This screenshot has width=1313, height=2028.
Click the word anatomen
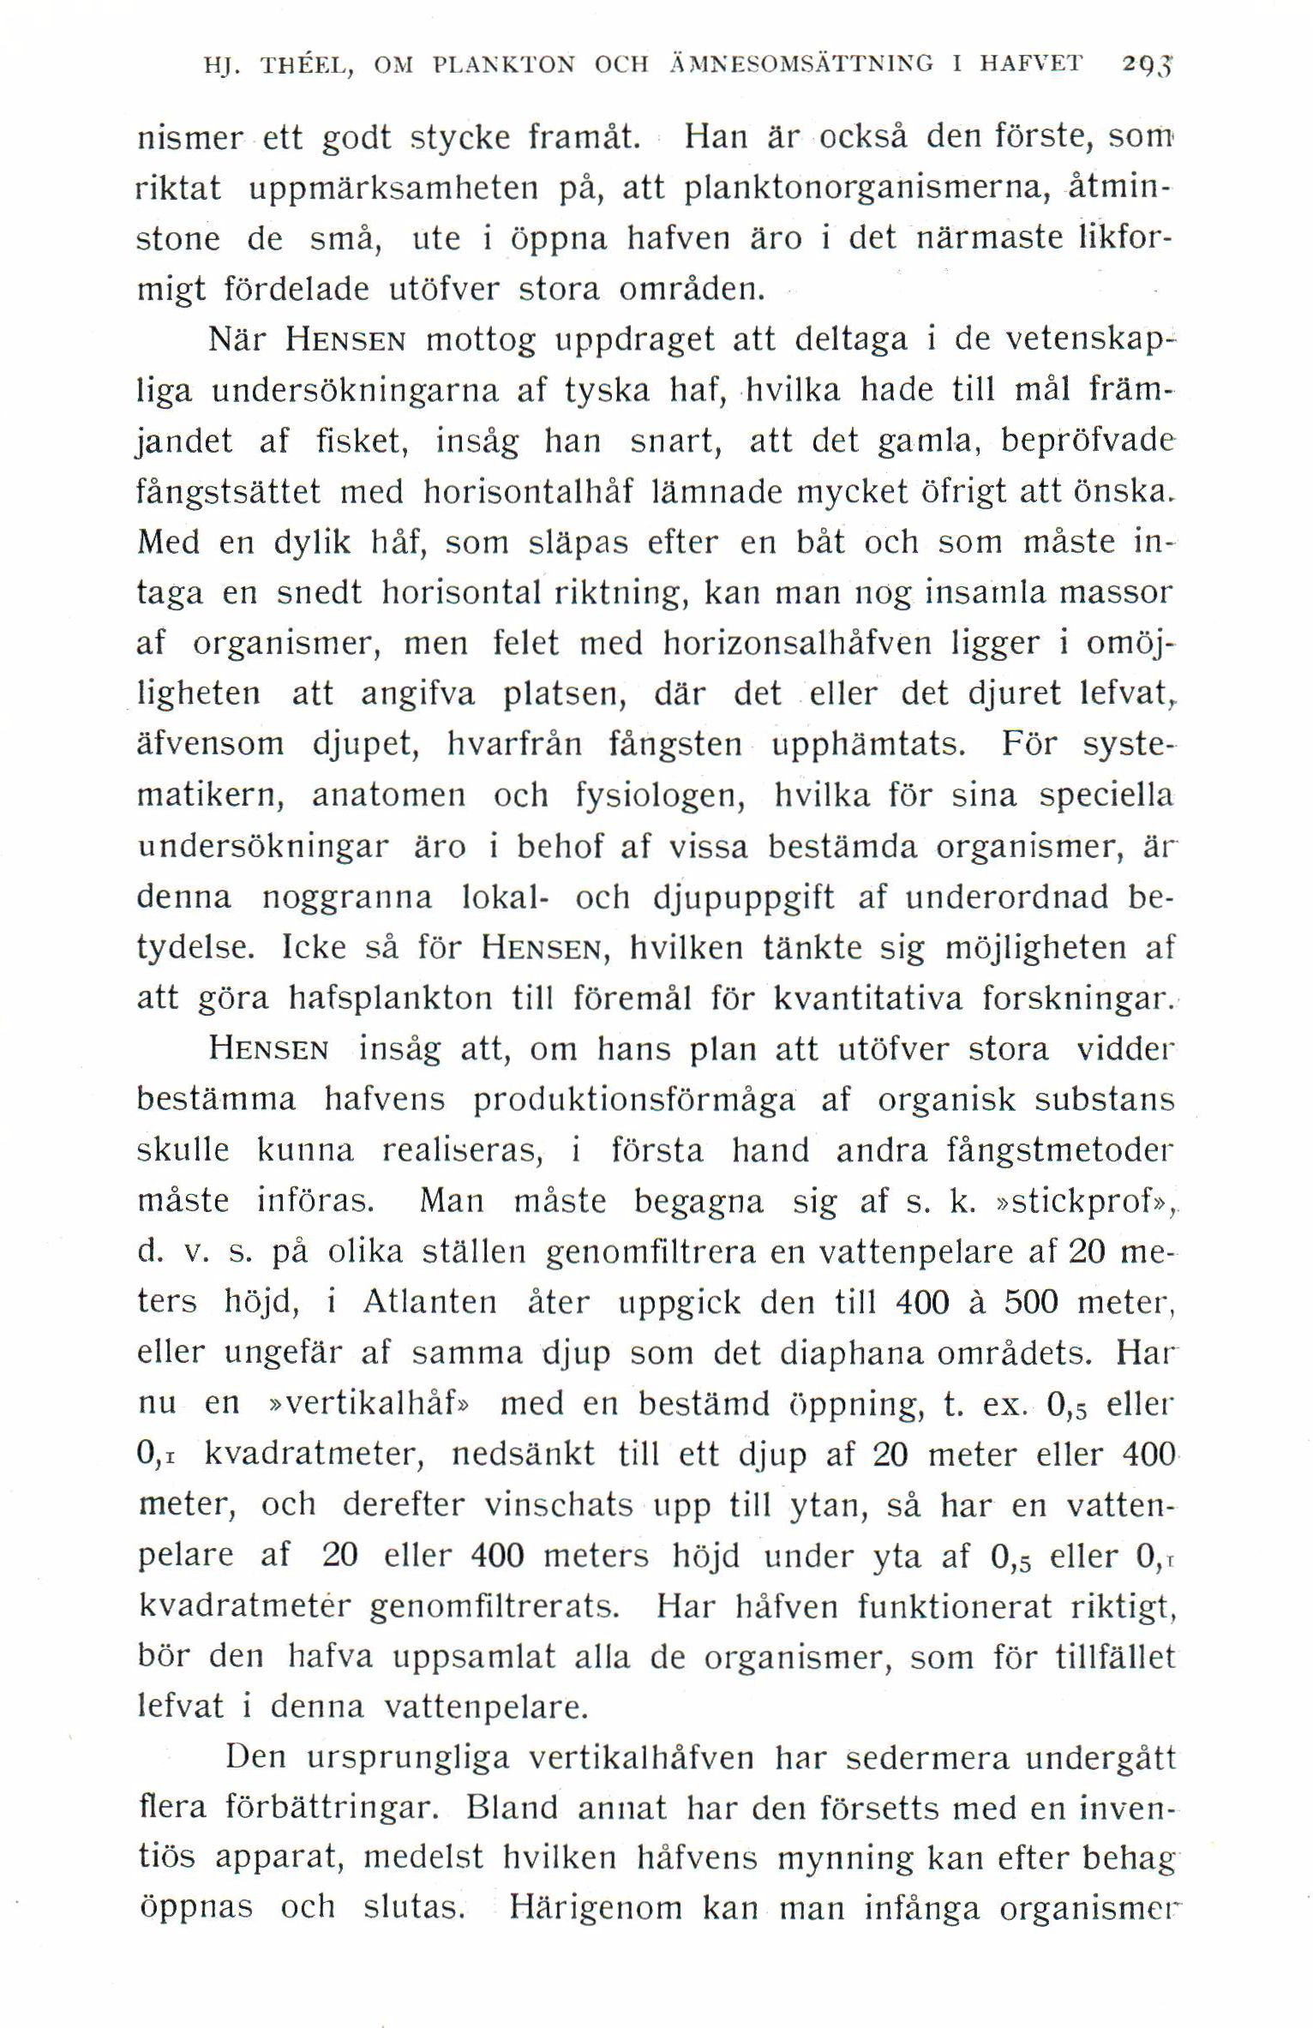tap(388, 795)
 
